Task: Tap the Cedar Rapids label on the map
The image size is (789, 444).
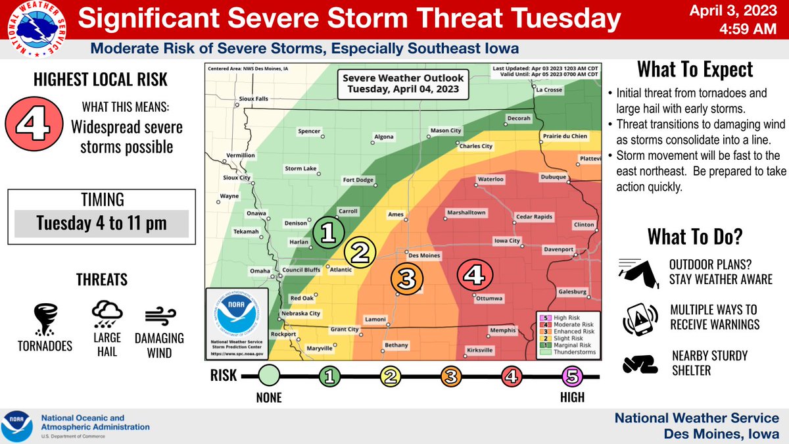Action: click(x=535, y=217)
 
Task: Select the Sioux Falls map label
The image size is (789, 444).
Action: click(x=254, y=99)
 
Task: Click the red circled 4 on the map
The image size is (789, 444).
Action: click(x=473, y=274)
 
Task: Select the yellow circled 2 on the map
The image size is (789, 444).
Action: click(x=360, y=251)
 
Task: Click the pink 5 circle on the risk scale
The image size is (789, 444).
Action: click(x=571, y=377)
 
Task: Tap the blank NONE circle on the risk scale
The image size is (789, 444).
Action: click(x=269, y=377)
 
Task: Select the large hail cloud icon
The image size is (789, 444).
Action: click(x=105, y=315)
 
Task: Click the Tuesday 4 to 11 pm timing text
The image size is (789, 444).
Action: click(x=101, y=224)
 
